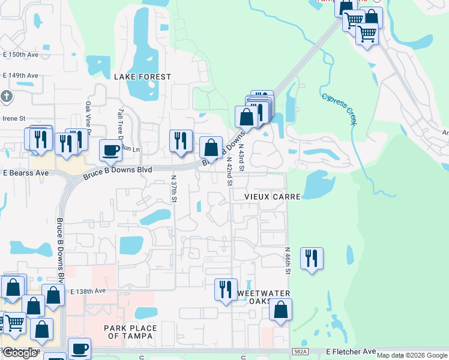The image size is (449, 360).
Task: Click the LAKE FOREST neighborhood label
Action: point(142,77)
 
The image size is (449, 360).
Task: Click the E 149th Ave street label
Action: point(20,76)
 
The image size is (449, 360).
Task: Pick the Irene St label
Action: point(15,118)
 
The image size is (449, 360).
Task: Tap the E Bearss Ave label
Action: point(26,173)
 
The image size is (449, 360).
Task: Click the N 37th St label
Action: point(173,188)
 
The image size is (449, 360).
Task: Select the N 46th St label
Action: point(288,261)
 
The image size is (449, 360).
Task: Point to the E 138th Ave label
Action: point(88,290)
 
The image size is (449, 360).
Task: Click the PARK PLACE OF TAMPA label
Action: point(130,332)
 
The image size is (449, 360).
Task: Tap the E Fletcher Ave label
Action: point(351,352)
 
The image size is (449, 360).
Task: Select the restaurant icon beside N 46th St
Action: point(312,259)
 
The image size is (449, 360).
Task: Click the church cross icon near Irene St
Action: point(7,97)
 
